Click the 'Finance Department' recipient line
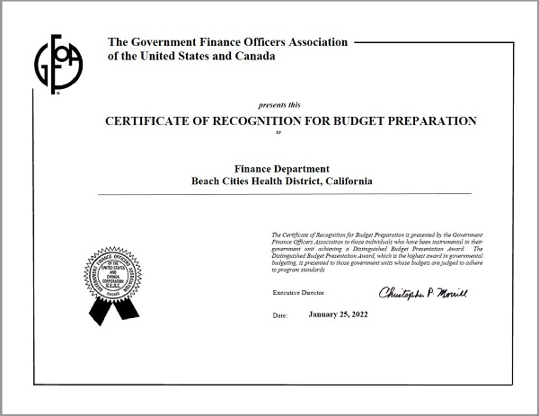click(282, 168)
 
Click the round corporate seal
click(115, 270)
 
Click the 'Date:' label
click(279, 316)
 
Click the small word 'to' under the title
click(278, 133)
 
